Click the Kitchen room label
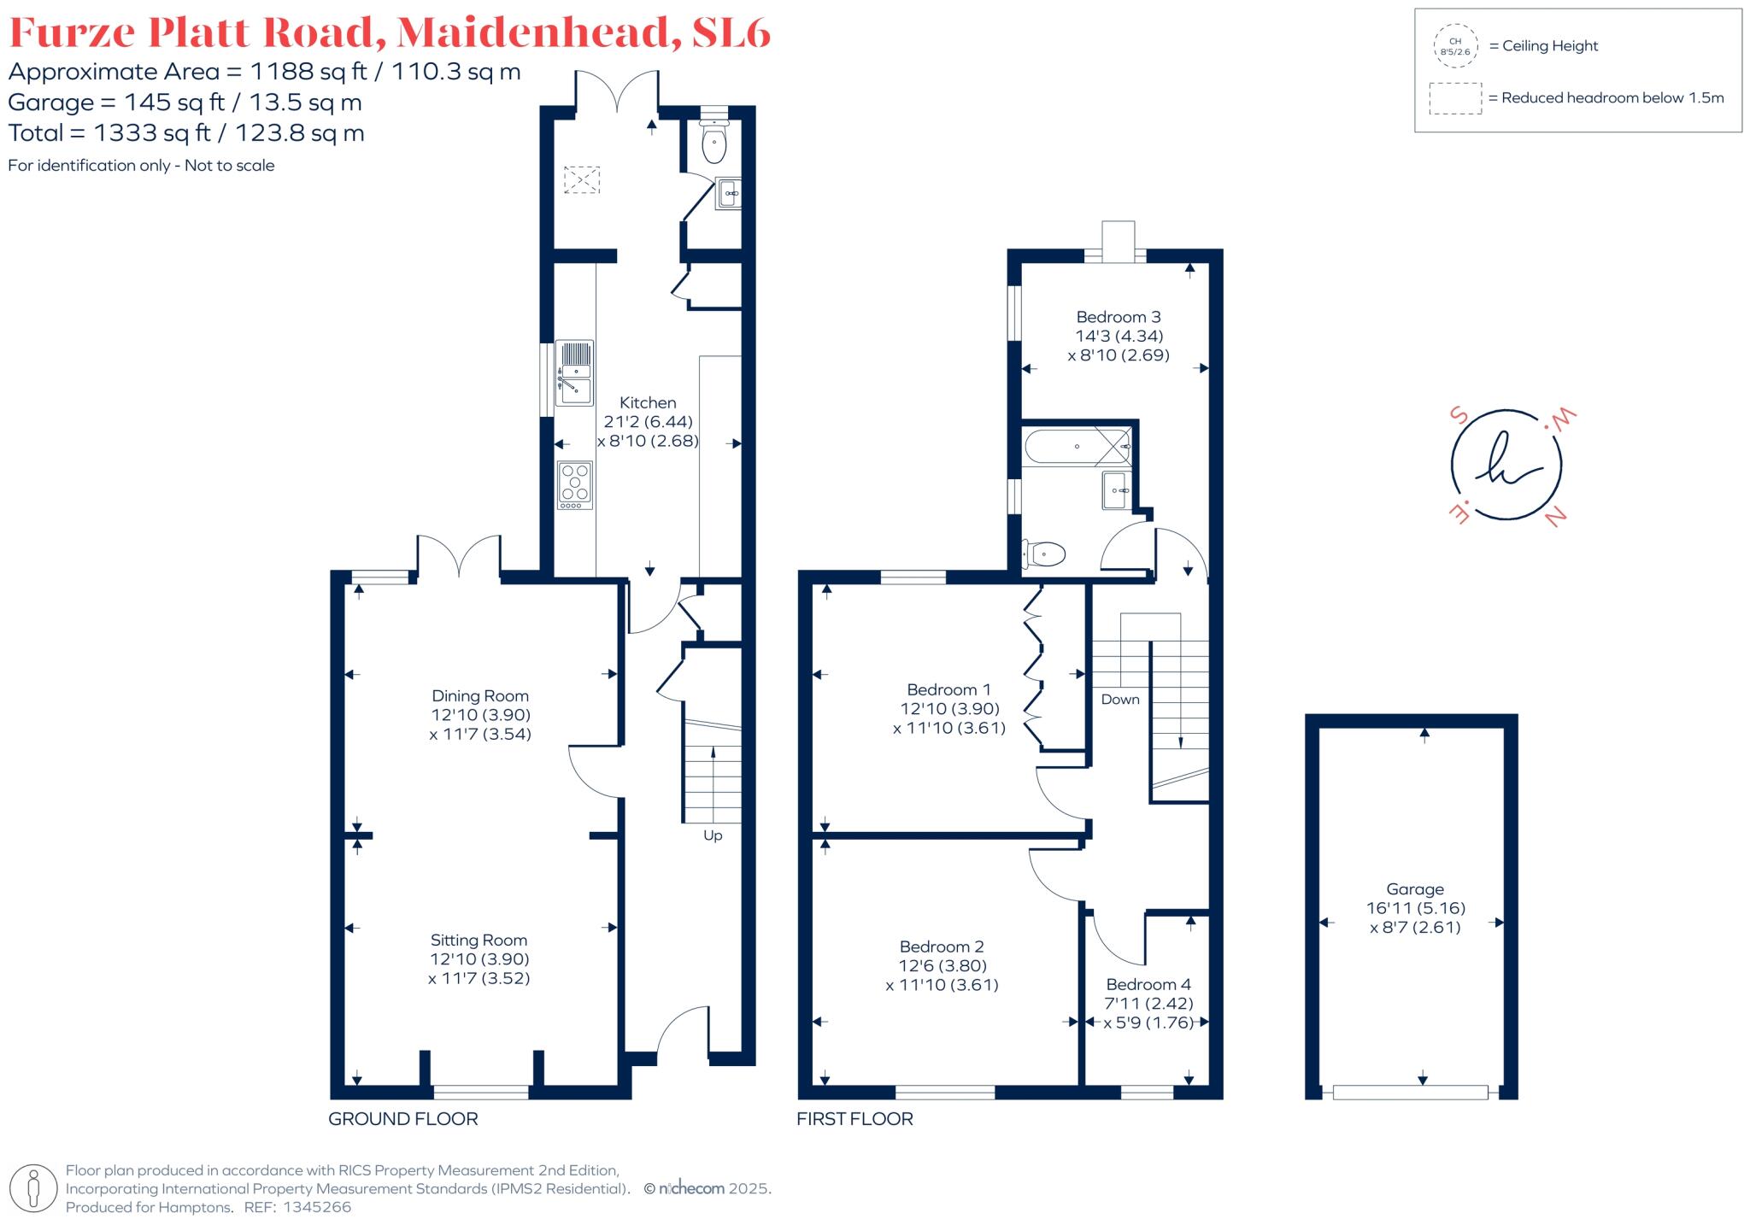pyautogui.click(x=648, y=402)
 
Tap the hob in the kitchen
pyautogui.click(x=575, y=484)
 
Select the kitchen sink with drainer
pyautogui.click(x=575, y=373)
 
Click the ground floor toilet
pyautogui.click(x=714, y=142)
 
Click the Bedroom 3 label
pyautogui.click(x=1118, y=317)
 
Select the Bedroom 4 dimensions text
pyautogui.click(x=1148, y=1013)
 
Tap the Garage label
pyautogui.click(x=1415, y=889)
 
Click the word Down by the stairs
pyautogui.click(x=1119, y=700)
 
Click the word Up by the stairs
pyautogui.click(x=713, y=835)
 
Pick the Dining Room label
pyautogui.click(x=479, y=695)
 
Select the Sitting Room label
pyautogui.click(x=479, y=941)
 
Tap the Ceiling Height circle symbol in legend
pyautogui.click(x=1455, y=46)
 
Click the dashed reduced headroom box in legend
pyautogui.click(x=1455, y=98)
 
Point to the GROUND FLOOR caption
pyautogui.click(x=403, y=1119)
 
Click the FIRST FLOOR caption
pyautogui.click(x=854, y=1119)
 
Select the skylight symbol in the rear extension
pyautogui.click(x=581, y=180)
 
